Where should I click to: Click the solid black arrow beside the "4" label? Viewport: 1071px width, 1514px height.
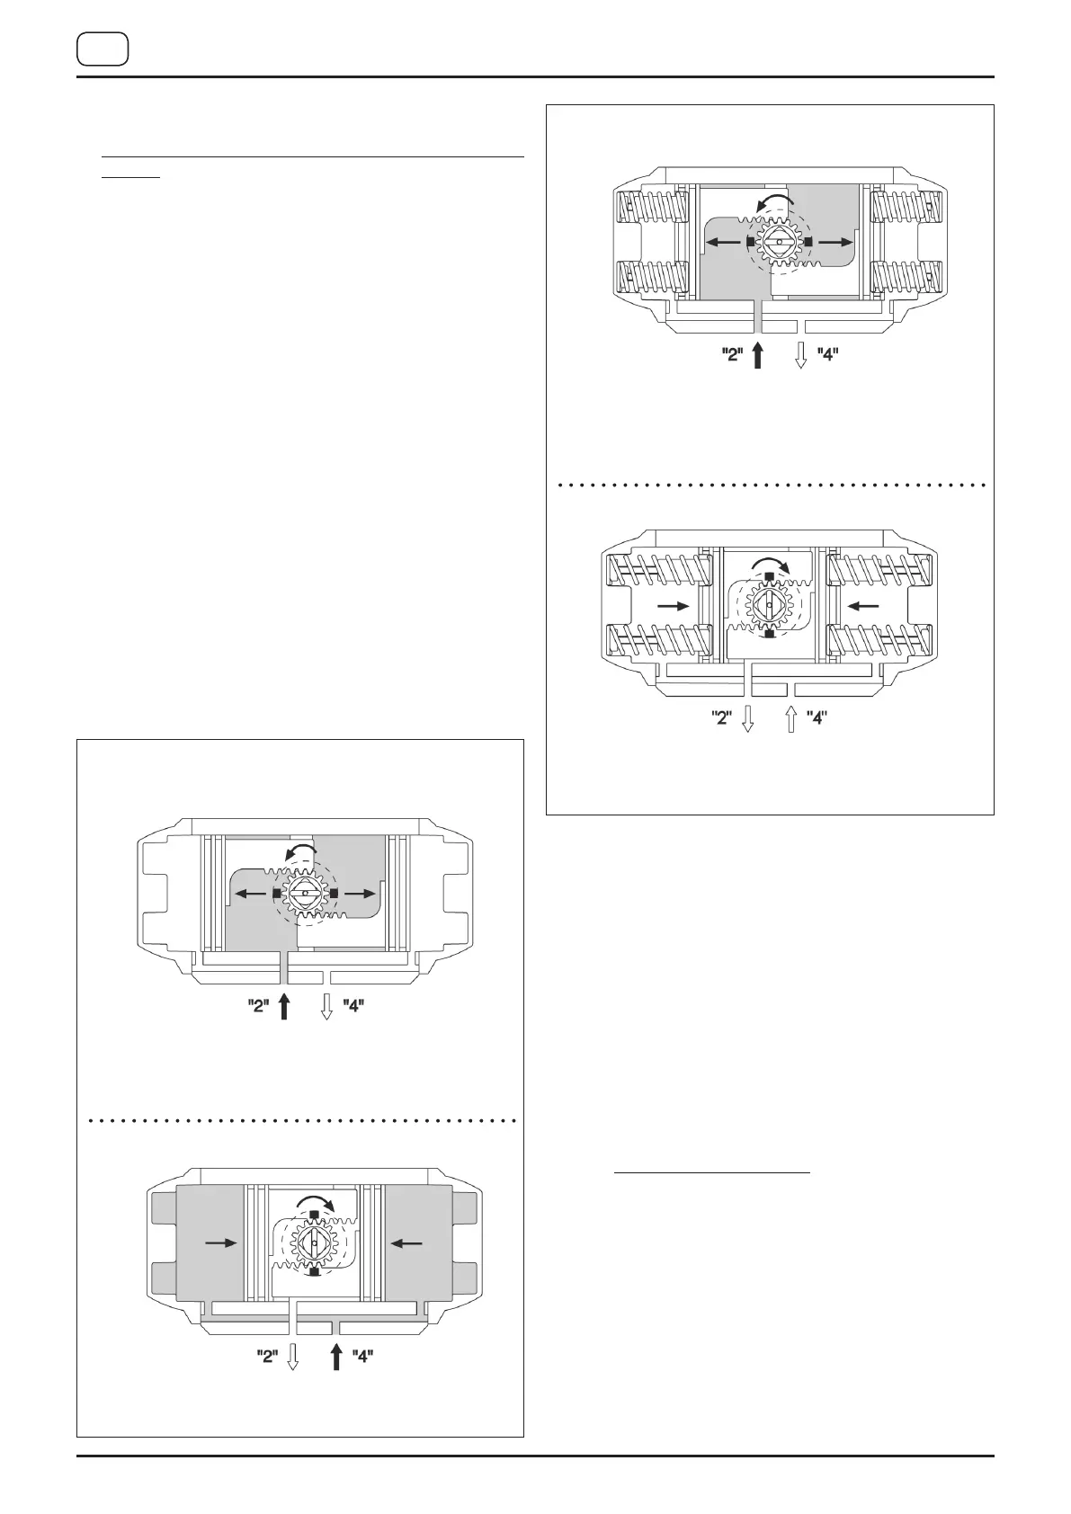(336, 1355)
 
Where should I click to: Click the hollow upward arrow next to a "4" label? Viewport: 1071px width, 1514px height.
(790, 719)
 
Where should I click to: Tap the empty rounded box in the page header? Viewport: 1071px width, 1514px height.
(103, 49)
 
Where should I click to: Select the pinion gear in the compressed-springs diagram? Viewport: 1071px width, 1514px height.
(778, 242)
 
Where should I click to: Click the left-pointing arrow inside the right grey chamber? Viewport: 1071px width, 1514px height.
(406, 1242)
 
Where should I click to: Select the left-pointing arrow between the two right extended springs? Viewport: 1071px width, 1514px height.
(864, 607)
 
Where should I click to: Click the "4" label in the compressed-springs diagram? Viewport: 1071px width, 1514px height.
(827, 354)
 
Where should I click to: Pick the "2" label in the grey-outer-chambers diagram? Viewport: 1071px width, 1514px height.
(267, 1356)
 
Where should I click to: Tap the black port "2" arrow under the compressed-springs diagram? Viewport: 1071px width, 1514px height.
(758, 354)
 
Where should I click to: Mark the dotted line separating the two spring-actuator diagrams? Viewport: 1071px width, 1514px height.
(771, 485)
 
